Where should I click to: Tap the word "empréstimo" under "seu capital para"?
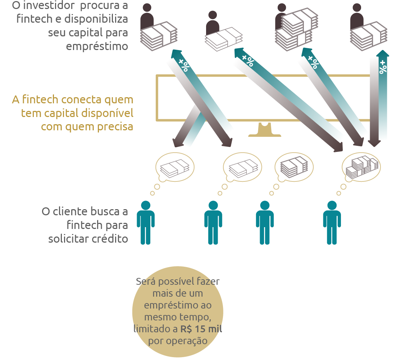[97, 46]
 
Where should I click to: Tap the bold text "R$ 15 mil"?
[201, 329]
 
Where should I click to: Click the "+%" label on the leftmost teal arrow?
[183, 64]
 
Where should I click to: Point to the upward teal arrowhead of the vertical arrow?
[383, 54]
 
